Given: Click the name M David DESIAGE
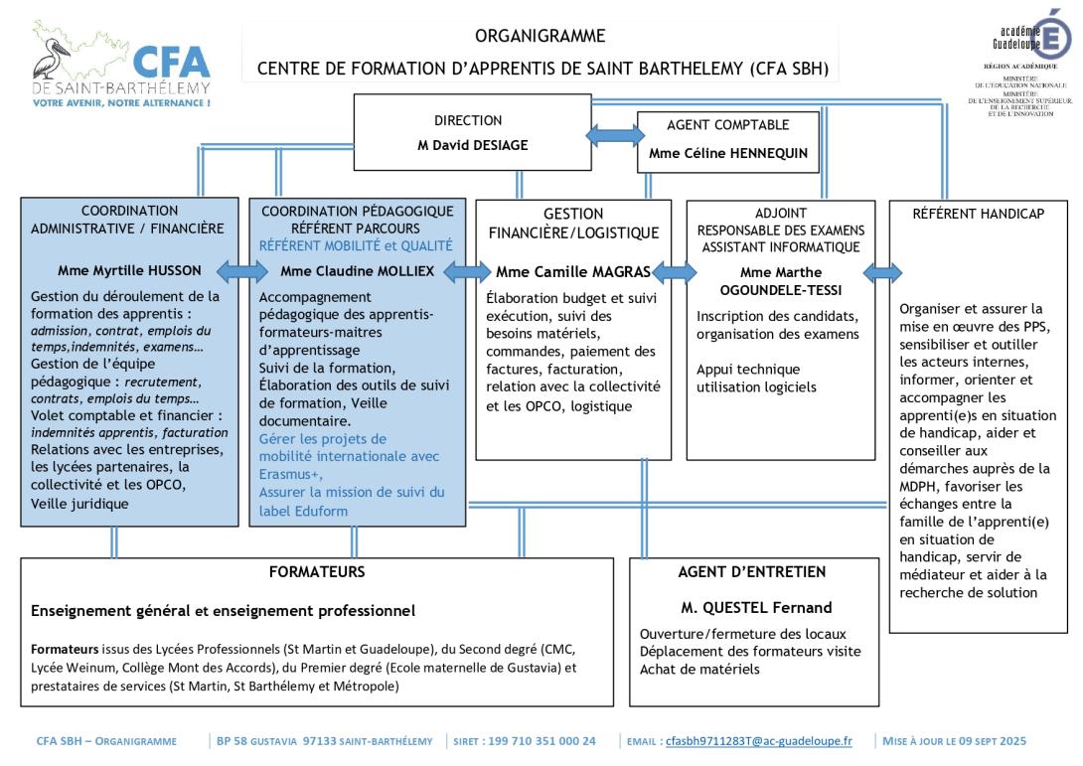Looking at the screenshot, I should tap(467, 145).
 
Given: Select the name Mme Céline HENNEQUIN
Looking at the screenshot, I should tap(727, 154).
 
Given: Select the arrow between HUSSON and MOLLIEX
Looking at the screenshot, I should tap(243, 270).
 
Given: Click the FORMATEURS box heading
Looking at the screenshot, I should tap(317, 572).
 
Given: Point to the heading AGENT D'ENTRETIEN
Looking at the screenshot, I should tap(752, 572).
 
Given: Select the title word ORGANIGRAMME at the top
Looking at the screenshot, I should tap(540, 37).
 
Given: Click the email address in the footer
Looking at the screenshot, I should tap(758, 741).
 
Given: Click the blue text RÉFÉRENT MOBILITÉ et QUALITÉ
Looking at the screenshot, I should tap(355, 244).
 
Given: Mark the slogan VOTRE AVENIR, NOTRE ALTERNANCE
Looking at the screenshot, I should tap(120, 102).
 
